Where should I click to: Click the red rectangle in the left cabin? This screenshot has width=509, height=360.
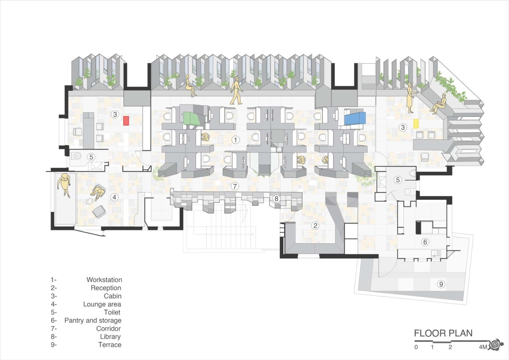pyautogui.click(x=126, y=120)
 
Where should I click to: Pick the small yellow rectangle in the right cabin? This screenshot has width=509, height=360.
pyautogui.click(x=416, y=123)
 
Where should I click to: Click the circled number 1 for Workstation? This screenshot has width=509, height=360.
pyautogui.click(x=236, y=140)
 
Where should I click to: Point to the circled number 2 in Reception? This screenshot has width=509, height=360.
pyautogui.click(x=315, y=226)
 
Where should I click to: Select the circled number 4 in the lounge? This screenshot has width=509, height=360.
pyautogui.click(x=115, y=197)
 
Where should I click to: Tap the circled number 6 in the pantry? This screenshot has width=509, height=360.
pyautogui.click(x=425, y=242)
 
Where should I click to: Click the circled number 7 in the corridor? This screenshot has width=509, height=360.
pyautogui.click(x=235, y=187)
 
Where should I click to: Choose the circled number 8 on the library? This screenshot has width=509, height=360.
pyautogui.click(x=276, y=199)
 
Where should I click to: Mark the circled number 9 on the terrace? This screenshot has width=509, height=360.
pyautogui.click(x=441, y=284)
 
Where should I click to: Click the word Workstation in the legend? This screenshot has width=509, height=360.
pyautogui.click(x=104, y=279)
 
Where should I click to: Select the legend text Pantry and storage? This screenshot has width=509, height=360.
pyautogui.click(x=93, y=321)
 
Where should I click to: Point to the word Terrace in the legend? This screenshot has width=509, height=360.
pyautogui.click(x=110, y=345)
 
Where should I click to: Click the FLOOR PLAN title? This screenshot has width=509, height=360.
pyautogui.click(x=443, y=333)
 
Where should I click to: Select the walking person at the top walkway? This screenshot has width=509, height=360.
pyautogui.click(x=236, y=90)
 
